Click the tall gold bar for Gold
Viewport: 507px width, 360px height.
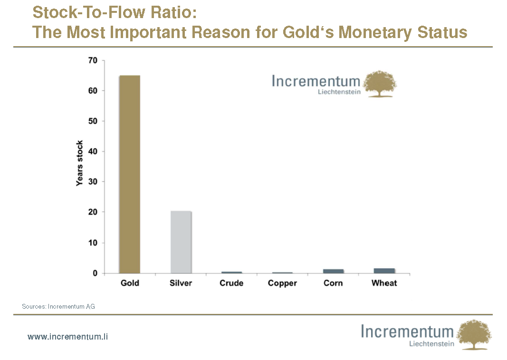130,174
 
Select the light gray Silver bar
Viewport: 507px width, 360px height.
181,242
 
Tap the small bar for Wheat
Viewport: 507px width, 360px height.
384,271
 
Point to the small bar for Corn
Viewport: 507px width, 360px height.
333,271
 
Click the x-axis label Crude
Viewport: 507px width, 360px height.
231,283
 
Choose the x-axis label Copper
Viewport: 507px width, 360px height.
282,283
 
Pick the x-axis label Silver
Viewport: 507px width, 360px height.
181,283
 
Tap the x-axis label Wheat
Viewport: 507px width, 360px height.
384,283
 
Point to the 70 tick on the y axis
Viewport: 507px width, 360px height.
93,60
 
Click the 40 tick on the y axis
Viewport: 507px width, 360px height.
93,152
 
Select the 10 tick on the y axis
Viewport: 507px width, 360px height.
93,243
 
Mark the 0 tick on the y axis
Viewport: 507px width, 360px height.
95,273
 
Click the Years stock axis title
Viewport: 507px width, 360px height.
80,163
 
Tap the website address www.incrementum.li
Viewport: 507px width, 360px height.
68,337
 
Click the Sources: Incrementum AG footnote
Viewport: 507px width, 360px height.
58,307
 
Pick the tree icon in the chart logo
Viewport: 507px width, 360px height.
380,84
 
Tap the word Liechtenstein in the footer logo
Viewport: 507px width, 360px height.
431,343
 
